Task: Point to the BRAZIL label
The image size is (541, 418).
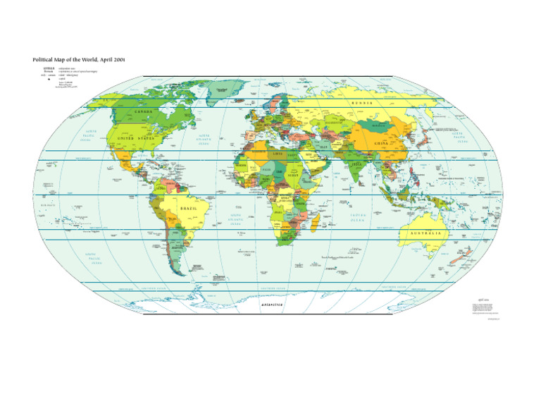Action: (x=188, y=209)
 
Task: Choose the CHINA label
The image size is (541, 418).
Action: (x=381, y=144)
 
